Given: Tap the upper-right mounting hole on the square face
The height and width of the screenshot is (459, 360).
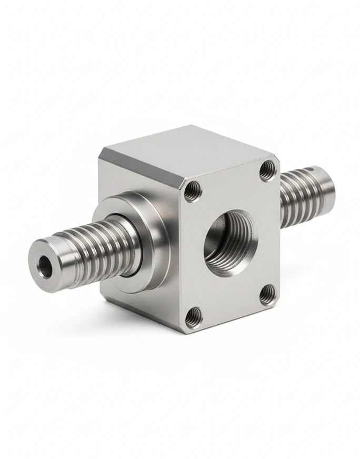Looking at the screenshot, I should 267,169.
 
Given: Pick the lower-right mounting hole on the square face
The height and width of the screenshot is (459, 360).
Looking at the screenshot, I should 267,294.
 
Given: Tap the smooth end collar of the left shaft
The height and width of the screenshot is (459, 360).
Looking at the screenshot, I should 50,266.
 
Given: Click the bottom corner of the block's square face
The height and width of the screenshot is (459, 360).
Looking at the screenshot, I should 184,332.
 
